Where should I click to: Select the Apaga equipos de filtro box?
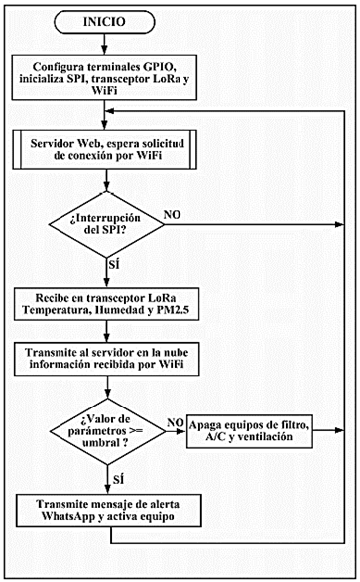pos(255,432)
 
